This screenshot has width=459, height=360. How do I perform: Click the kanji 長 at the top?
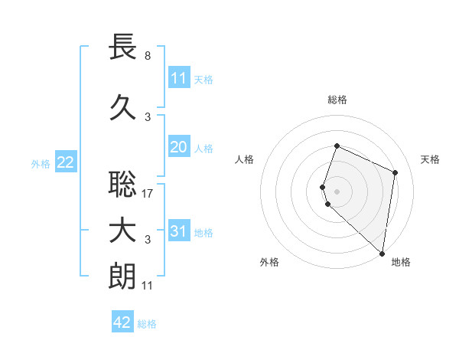point(123,48)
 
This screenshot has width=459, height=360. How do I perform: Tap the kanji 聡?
point(123,185)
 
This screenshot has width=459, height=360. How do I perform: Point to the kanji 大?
point(123,231)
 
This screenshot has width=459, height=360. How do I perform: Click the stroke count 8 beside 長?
point(148,56)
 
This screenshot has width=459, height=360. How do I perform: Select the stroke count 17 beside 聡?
point(148,193)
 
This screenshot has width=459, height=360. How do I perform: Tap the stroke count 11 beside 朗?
point(148,285)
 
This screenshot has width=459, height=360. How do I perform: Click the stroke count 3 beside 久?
point(148,116)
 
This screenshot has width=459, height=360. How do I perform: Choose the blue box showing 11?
point(179,78)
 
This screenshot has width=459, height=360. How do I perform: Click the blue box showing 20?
point(179,147)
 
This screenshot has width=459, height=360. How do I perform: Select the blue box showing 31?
point(179,231)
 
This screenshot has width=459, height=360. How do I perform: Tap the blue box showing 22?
point(66,162)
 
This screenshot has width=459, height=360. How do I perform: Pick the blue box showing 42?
point(122,322)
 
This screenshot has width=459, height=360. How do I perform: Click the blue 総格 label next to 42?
point(147,324)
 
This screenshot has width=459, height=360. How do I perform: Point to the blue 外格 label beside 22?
point(41,163)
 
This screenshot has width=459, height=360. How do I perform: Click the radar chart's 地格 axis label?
point(401,262)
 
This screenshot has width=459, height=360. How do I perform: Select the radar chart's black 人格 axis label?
point(245,159)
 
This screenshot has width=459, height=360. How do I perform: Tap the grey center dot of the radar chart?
point(337,190)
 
